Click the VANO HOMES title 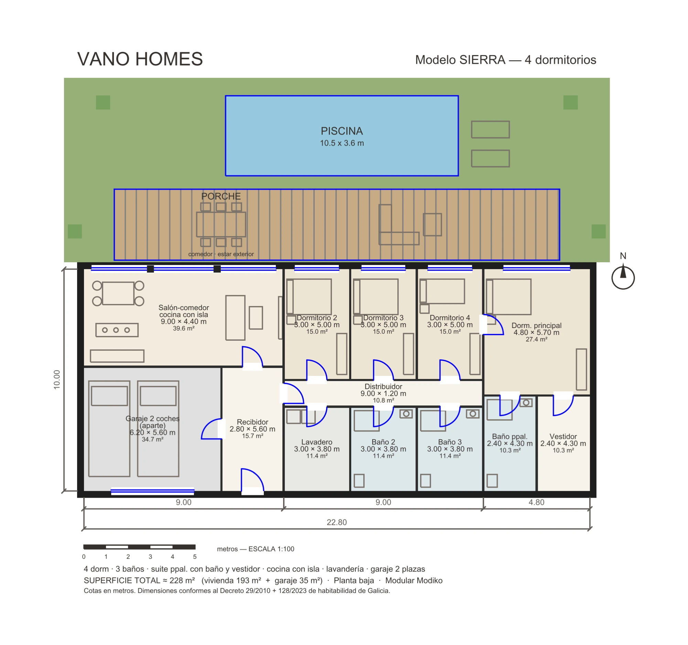pos(140,59)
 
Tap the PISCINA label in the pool pos(342,131)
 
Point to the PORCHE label pos(221,196)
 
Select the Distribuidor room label pos(383,387)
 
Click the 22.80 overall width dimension pos(336,522)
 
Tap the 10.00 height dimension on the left pos(57,379)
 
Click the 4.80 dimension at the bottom pos(536,502)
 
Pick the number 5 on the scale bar pos(195,557)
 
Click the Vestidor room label pos(563,436)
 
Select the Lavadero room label pos(317,442)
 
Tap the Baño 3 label pos(450,442)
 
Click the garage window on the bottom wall pos(152,491)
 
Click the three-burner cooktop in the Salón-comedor pos(117,330)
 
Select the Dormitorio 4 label pos(450,317)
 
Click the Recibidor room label pos(252,422)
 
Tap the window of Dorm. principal pos(536,268)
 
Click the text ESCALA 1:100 pos(271,549)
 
